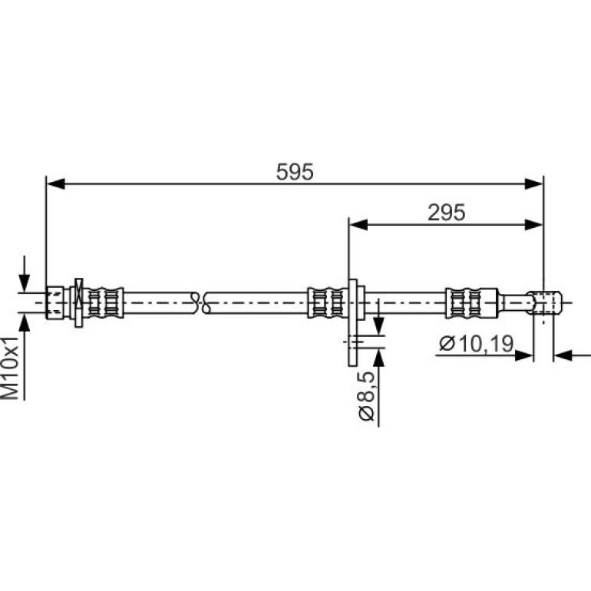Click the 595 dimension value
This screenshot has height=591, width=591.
295,172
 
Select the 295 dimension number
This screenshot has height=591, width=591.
446,213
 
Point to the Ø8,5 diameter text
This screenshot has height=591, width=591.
366,396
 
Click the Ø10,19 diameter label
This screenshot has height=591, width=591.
477,344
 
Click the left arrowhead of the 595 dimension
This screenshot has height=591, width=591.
55,184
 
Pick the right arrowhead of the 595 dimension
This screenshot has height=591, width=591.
533,184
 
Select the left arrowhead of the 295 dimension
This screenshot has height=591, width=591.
358,225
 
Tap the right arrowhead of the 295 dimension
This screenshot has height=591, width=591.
533,225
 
